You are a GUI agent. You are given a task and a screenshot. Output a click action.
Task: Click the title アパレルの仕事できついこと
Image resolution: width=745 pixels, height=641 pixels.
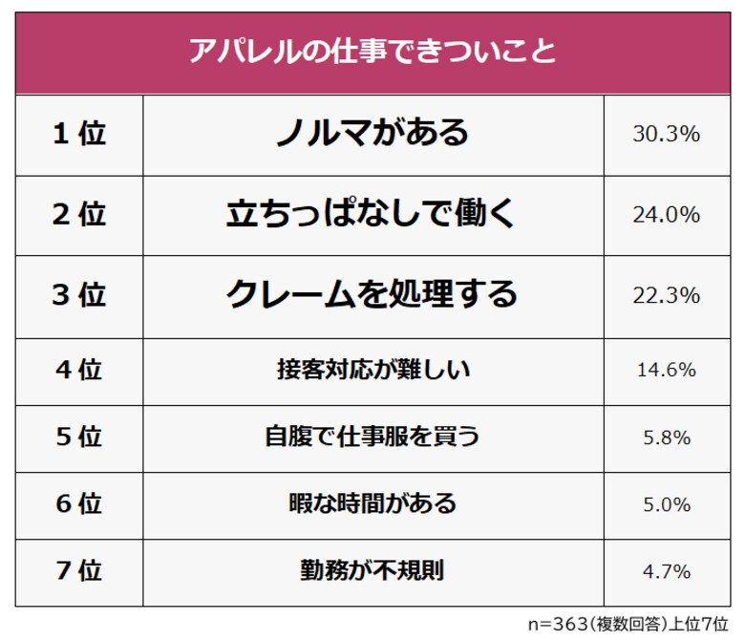[372, 50]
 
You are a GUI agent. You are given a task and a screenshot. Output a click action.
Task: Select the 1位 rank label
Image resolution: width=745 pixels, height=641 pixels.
[78, 134]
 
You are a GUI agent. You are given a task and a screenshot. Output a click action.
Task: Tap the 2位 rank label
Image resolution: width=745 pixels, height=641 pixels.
[78, 214]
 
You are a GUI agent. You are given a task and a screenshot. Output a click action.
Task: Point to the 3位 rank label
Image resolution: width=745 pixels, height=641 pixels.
[78, 295]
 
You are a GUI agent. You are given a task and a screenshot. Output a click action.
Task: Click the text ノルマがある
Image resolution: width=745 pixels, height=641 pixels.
[372, 133]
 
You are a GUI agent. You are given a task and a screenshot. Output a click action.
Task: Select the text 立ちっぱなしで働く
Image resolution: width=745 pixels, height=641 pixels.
[372, 214]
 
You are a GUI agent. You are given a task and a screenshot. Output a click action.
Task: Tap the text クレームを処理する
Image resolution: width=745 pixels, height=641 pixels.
[372, 294]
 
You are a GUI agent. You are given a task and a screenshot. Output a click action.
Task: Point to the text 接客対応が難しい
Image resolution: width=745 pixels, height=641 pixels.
[372, 369]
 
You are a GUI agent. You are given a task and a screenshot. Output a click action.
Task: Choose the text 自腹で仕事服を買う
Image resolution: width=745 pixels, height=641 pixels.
[372, 437]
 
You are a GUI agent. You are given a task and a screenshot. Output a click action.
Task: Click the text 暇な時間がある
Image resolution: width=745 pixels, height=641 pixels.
[372, 503]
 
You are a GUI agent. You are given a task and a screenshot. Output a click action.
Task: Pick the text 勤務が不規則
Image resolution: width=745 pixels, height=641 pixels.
[372, 571]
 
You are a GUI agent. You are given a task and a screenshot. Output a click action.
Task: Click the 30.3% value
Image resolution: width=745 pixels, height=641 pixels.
[667, 135]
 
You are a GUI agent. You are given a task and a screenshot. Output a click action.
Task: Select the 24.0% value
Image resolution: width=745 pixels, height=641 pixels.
[667, 215]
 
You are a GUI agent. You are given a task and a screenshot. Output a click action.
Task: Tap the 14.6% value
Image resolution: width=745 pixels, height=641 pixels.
[667, 370]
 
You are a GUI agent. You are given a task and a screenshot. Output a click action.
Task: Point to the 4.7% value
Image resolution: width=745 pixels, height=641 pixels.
[667, 572]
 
